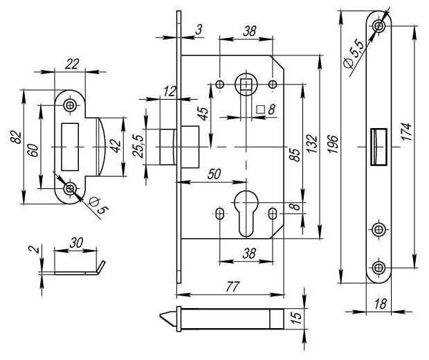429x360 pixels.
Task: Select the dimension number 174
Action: (406, 132)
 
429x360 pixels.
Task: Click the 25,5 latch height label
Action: (138, 146)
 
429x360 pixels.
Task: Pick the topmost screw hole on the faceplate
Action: (379, 26)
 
